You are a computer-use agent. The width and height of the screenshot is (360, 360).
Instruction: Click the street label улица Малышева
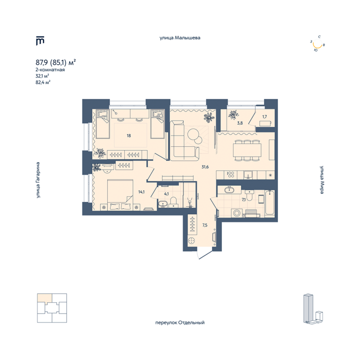[x=180, y=38]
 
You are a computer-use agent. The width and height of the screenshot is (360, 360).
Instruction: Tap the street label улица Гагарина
[x=38, y=180]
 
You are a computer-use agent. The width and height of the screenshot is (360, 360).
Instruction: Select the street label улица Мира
[x=322, y=180]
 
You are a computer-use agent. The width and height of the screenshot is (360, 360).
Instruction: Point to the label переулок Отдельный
[x=180, y=322]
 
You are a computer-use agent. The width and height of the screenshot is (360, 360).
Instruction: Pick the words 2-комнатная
[x=50, y=69]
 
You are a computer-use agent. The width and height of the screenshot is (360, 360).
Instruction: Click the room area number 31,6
[x=205, y=167]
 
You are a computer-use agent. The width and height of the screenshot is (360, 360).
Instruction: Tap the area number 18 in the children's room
[x=129, y=135]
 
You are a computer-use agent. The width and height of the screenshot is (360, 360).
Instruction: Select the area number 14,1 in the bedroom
[x=142, y=192]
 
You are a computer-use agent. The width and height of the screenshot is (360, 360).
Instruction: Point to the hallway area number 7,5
[x=205, y=225]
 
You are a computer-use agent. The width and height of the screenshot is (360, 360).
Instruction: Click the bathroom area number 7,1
[x=244, y=200]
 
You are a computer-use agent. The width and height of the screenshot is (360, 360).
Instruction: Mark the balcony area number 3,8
[x=240, y=123]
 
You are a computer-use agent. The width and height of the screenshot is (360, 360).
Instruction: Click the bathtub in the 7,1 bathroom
[x=270, y=203]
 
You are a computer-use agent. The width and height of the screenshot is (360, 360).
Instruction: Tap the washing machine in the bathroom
[x=236, y=213]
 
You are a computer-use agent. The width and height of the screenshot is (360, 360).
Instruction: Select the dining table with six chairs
[x=247, y=150]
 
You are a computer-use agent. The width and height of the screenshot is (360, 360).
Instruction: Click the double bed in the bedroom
[x=120, y=195]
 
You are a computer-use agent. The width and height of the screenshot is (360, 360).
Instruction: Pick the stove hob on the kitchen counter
[x=231, y=175]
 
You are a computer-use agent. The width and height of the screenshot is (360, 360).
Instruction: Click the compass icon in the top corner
[x=317, y=44]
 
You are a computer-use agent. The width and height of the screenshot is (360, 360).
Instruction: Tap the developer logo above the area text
[x=40, y=41]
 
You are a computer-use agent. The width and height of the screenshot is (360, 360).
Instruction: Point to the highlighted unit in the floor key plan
[x=44, y=298]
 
